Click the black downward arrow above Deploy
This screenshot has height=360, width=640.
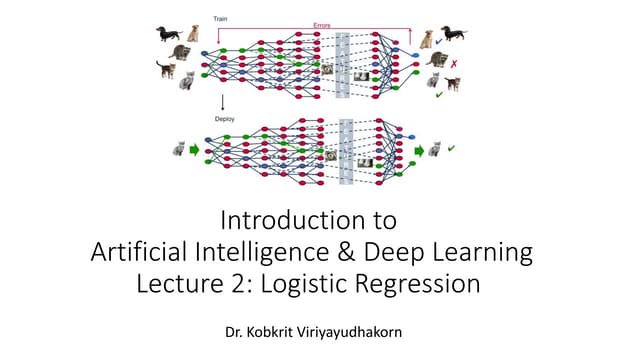(221, 101)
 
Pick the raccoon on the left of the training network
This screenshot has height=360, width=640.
(181, 53)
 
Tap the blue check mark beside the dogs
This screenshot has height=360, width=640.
(439, 42)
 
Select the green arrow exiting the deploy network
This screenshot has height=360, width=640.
(419, 151)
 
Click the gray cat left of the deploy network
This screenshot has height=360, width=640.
(181, 149)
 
